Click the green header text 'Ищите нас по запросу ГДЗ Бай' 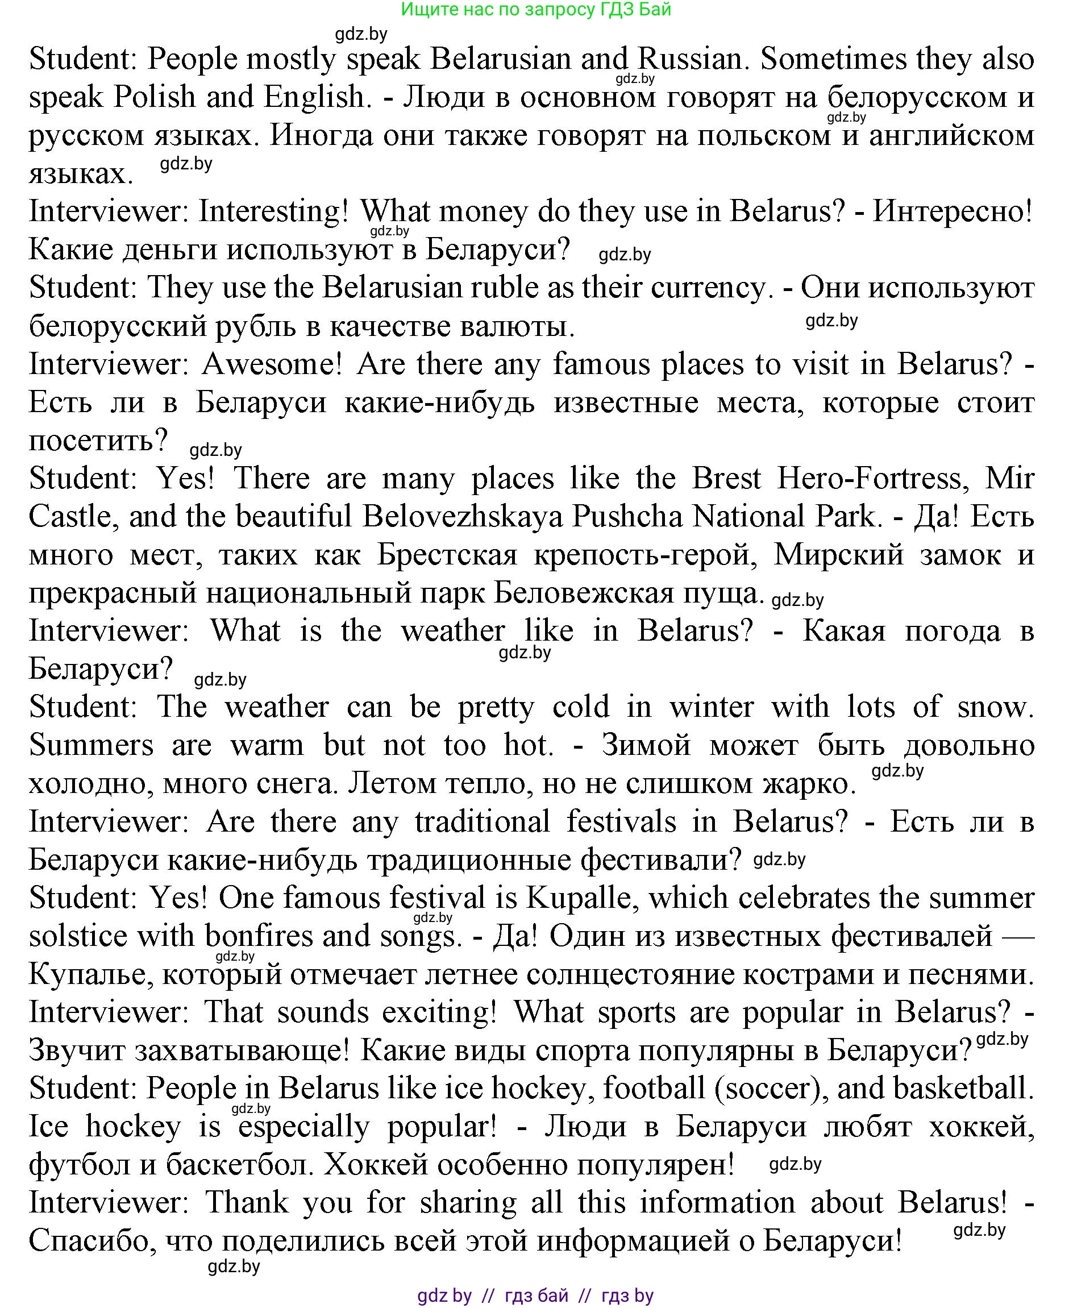coord(536,9)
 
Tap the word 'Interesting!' coord(273,212)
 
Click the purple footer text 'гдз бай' coord(536,1295)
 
